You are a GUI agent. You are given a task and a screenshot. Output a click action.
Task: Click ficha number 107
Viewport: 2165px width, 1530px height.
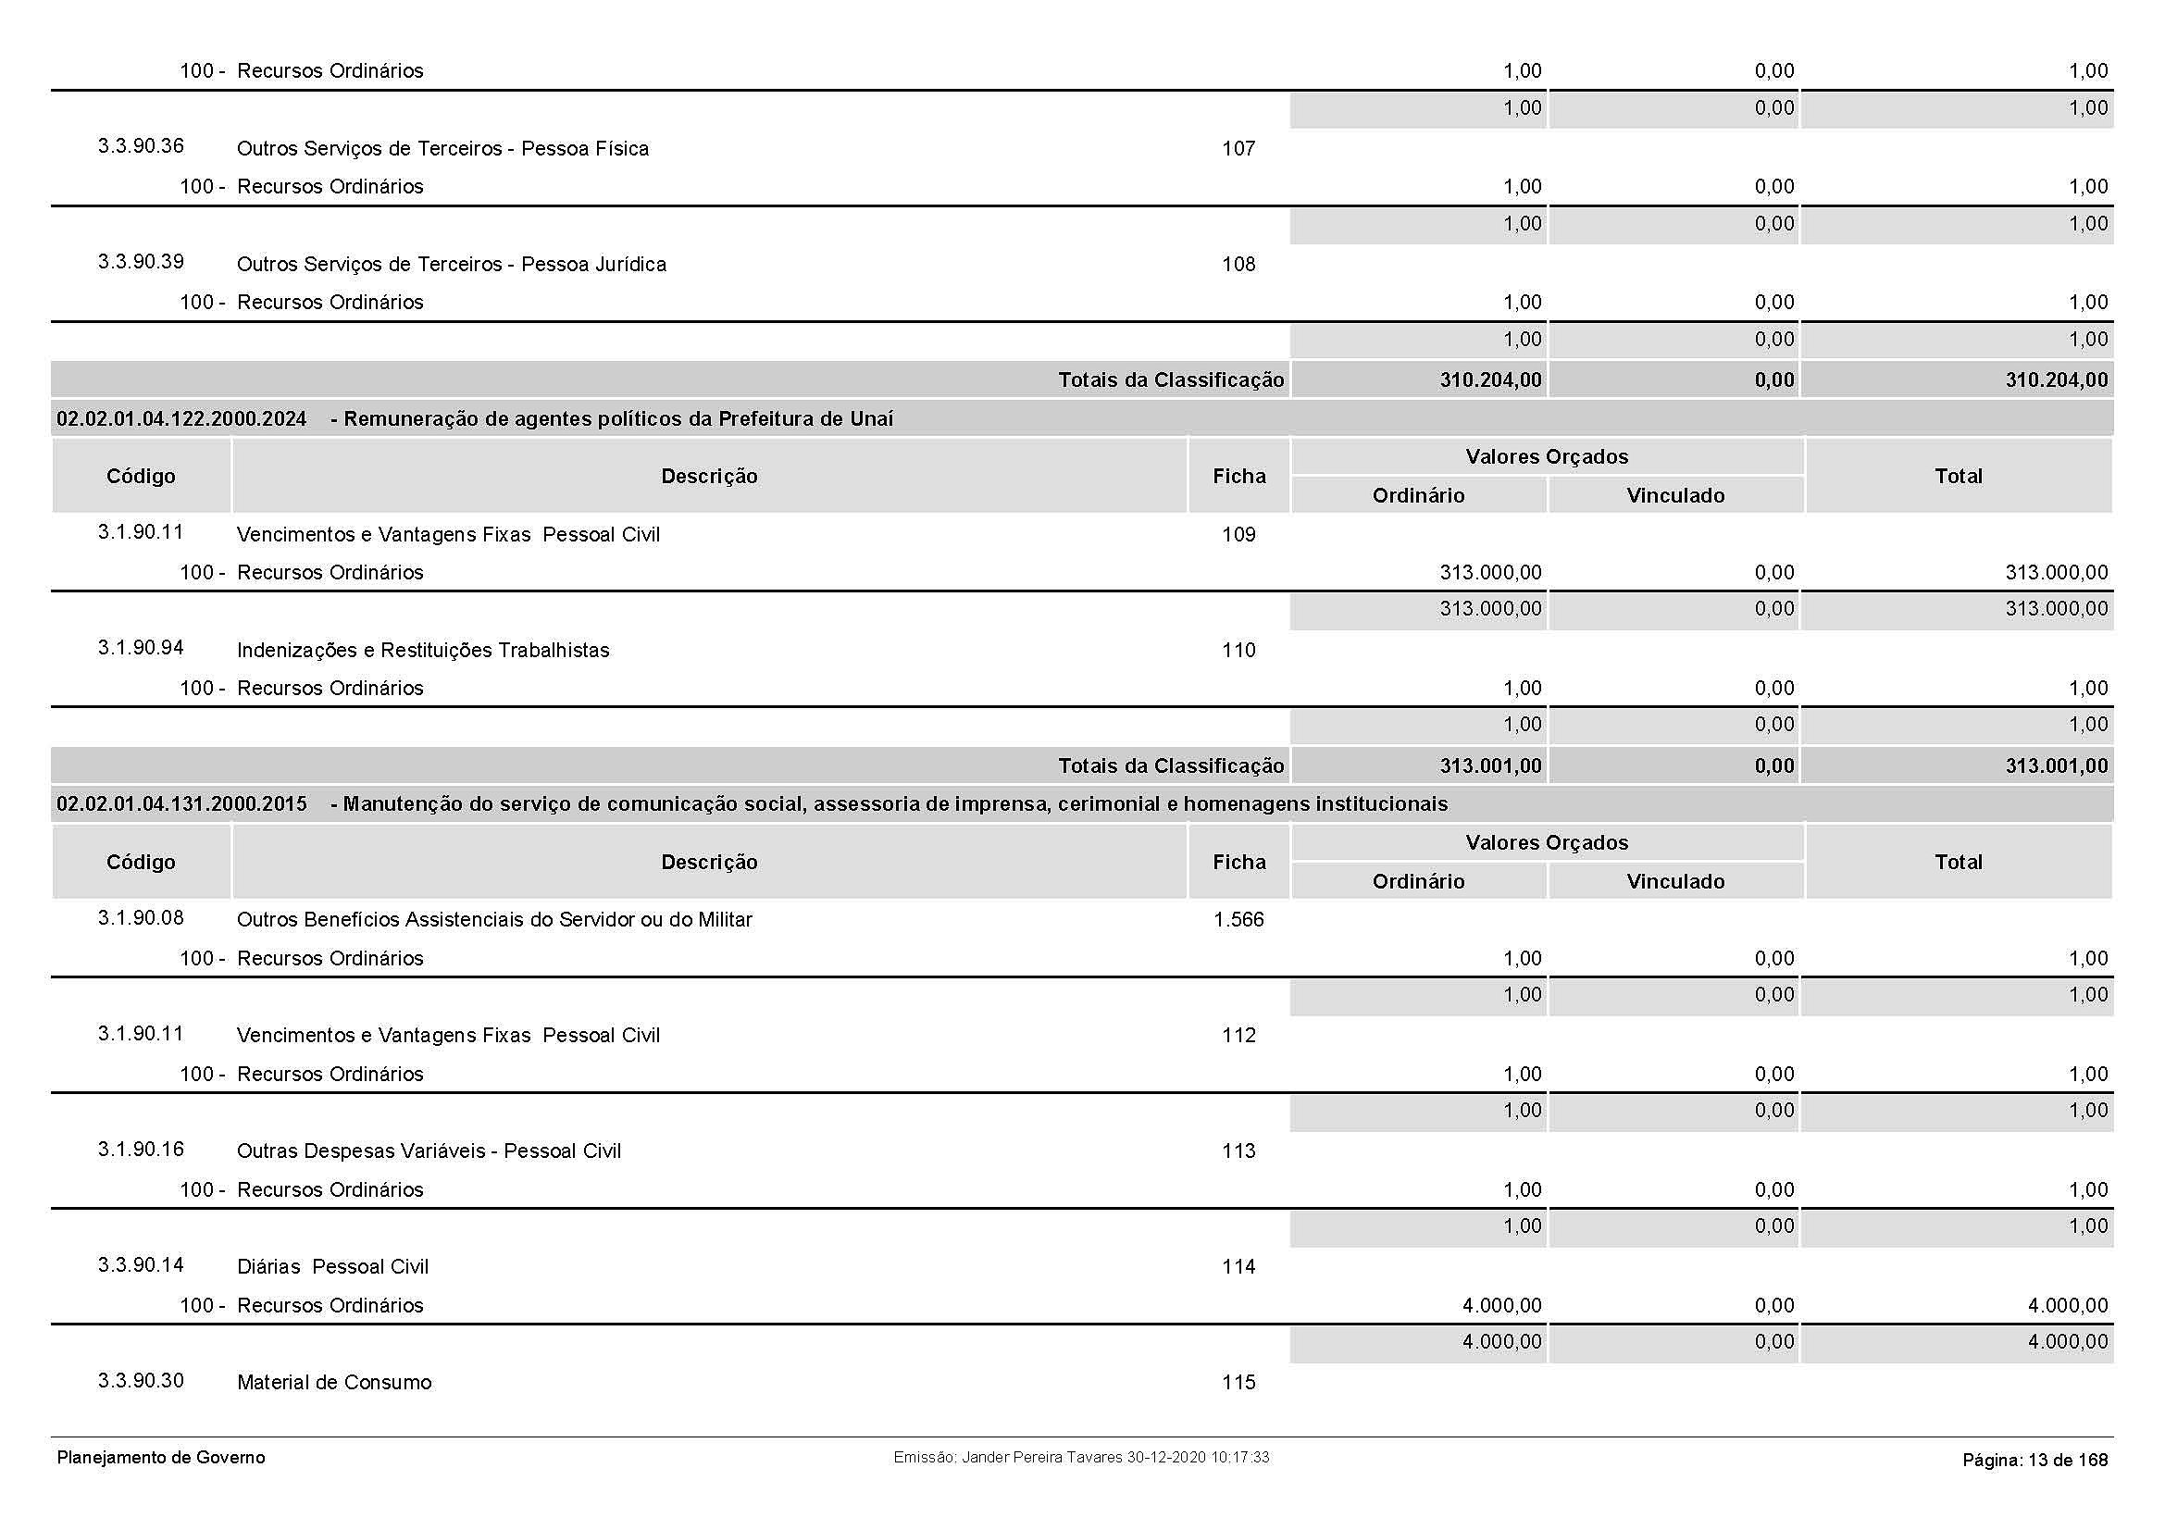click(x=1238, y=149)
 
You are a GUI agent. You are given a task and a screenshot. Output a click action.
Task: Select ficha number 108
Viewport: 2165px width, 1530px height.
click(x=1238, y=265)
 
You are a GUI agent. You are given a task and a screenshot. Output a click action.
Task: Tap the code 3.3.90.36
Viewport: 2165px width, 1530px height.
click(x=141, y=146)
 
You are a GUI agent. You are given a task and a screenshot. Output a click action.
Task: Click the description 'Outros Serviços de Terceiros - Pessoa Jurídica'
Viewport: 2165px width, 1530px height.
click(x=451, y=265)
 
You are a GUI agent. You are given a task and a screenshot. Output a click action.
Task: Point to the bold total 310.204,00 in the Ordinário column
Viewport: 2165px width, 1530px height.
click(x=1490, y=379)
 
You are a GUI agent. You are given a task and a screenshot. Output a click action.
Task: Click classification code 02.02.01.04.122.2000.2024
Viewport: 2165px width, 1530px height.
click(x=181, y=419)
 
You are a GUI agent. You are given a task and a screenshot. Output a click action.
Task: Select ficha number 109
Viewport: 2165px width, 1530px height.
click(x=1238, y=535)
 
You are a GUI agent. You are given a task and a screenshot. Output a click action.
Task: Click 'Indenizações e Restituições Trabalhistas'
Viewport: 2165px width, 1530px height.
click(x=422, y=651)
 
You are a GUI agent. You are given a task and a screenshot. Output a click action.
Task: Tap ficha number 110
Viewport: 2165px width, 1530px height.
click(x=1238, y=651)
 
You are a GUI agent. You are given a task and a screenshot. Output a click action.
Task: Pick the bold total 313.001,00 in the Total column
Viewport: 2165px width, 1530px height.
click(x=2056, y=766)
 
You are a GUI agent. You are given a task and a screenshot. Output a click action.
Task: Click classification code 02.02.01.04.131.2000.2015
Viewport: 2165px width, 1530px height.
click(x=181, y=804)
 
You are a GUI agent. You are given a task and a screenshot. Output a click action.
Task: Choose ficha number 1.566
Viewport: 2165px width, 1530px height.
click(x=1238, y=920)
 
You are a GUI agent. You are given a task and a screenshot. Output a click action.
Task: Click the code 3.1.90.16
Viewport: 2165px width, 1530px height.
click(x=141, y=1150)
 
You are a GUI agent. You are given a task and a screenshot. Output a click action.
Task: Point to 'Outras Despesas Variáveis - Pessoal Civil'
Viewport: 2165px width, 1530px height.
click(x=429, y=1151)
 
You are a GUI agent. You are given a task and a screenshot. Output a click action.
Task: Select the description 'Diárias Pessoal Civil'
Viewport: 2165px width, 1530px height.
click(x=332, y=1267)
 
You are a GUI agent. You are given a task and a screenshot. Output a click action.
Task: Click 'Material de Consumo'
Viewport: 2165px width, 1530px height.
click(x=334, y=1383)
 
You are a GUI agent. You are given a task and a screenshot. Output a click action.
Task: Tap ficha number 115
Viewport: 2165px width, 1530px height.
click(x=1238, y=1383)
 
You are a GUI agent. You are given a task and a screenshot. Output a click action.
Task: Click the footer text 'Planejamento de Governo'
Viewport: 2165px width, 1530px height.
click(x=160, y=1458)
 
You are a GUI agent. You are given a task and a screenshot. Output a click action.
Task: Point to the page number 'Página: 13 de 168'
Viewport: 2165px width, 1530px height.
click(x=2034, y=1461)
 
